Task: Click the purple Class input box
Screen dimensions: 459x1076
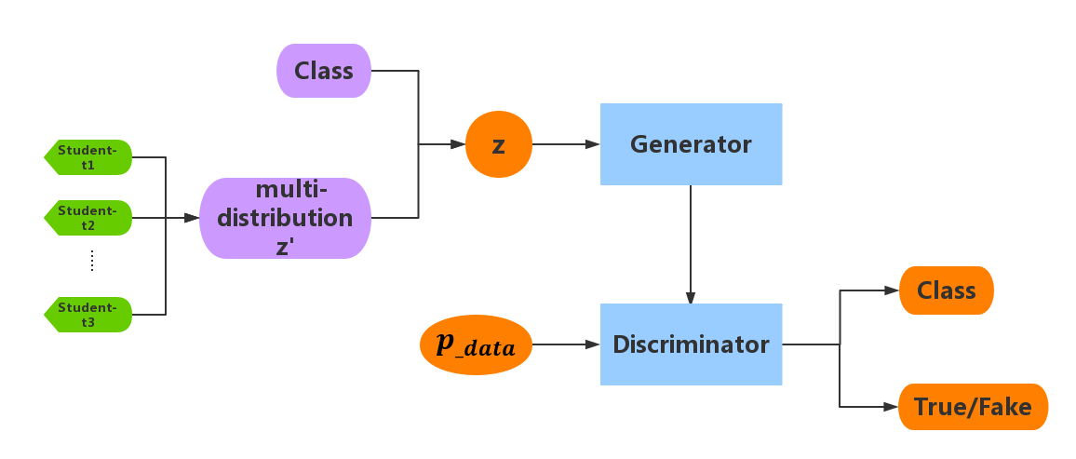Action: [324, 71]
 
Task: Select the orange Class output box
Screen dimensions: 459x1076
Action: [946, 290]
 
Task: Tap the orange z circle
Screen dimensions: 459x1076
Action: [498, 144]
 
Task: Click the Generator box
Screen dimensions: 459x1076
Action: [691, 144]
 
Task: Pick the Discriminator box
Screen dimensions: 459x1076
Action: [691, 344]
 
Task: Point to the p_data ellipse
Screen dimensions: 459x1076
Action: [476, 344]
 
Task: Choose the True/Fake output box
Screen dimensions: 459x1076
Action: [973, 407]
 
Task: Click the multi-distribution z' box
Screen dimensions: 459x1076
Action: [285, 218]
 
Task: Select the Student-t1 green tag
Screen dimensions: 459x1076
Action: [88, 157]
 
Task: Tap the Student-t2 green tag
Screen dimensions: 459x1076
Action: [88, 218]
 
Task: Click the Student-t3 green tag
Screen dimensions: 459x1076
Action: [88, 315]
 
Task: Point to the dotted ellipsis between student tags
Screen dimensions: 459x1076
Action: [92, 263]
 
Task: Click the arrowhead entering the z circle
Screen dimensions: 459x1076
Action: [457, 144]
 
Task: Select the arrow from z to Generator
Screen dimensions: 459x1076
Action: [565, 144]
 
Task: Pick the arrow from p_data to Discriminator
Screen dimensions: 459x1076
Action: [565, 344]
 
